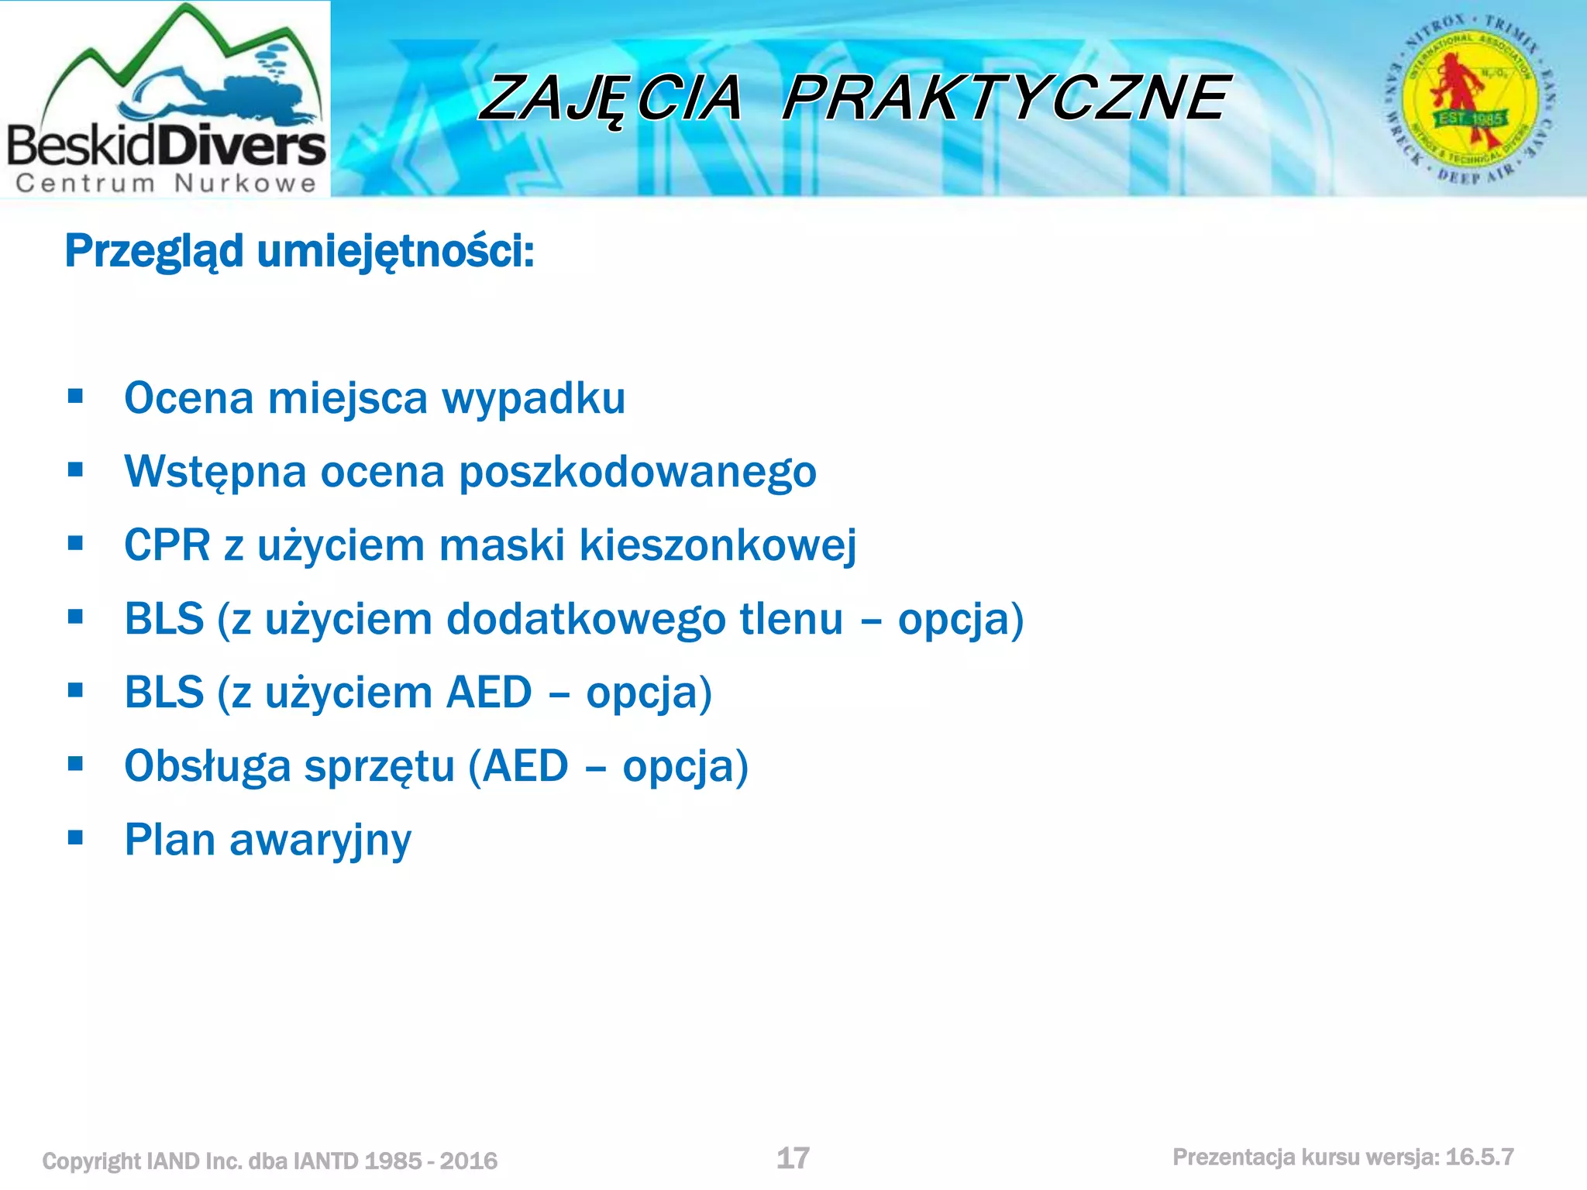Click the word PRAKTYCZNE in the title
(x=1005, y=98)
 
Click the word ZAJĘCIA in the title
(x=611, y=98)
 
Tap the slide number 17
(x=793, y=1158)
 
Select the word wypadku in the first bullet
(x=533, y=399)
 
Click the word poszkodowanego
(x=638, y=473)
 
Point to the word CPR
(x=167, y=545)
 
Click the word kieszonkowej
(x=718, y=545)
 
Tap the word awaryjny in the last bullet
(x=320, y=841)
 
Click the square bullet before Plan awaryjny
(x=75, y=837)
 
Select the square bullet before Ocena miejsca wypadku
(x=75, y=397)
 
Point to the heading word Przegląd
(x=153, y=252)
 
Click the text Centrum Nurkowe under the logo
(x=167, y=184)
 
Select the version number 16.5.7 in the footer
(x=1479, y=1157)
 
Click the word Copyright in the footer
(x=91, y=1161)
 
